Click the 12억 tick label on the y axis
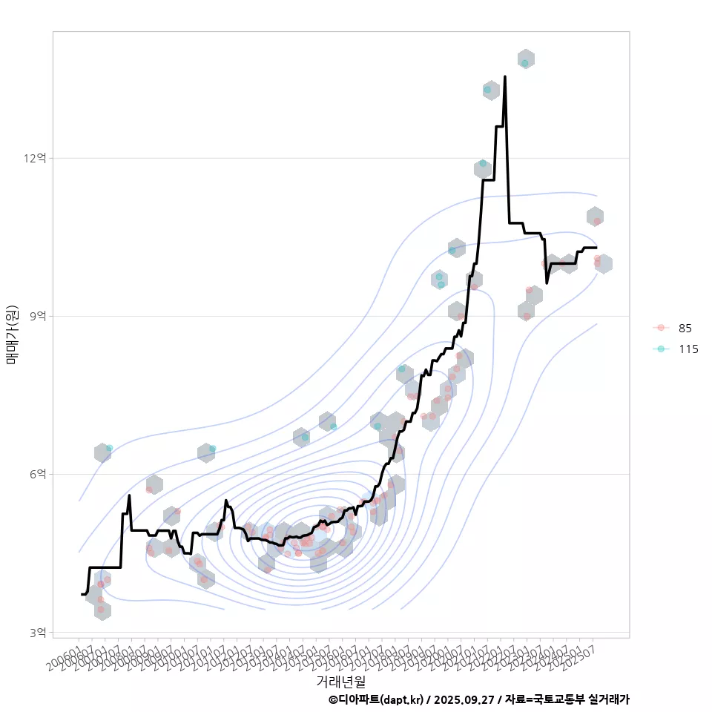(36, 158)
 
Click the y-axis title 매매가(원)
(13, 334)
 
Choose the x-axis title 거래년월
(341, 681)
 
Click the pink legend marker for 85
(660, 328)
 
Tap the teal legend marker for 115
(660, 349)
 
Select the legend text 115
(688, 349)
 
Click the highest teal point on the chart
(525, 63)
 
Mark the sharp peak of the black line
(505, 76)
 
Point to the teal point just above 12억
(483, 163)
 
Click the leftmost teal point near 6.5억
(109, 448)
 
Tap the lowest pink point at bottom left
(101, 610)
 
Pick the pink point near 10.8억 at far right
(597, 221)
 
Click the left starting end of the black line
(82, 594)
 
